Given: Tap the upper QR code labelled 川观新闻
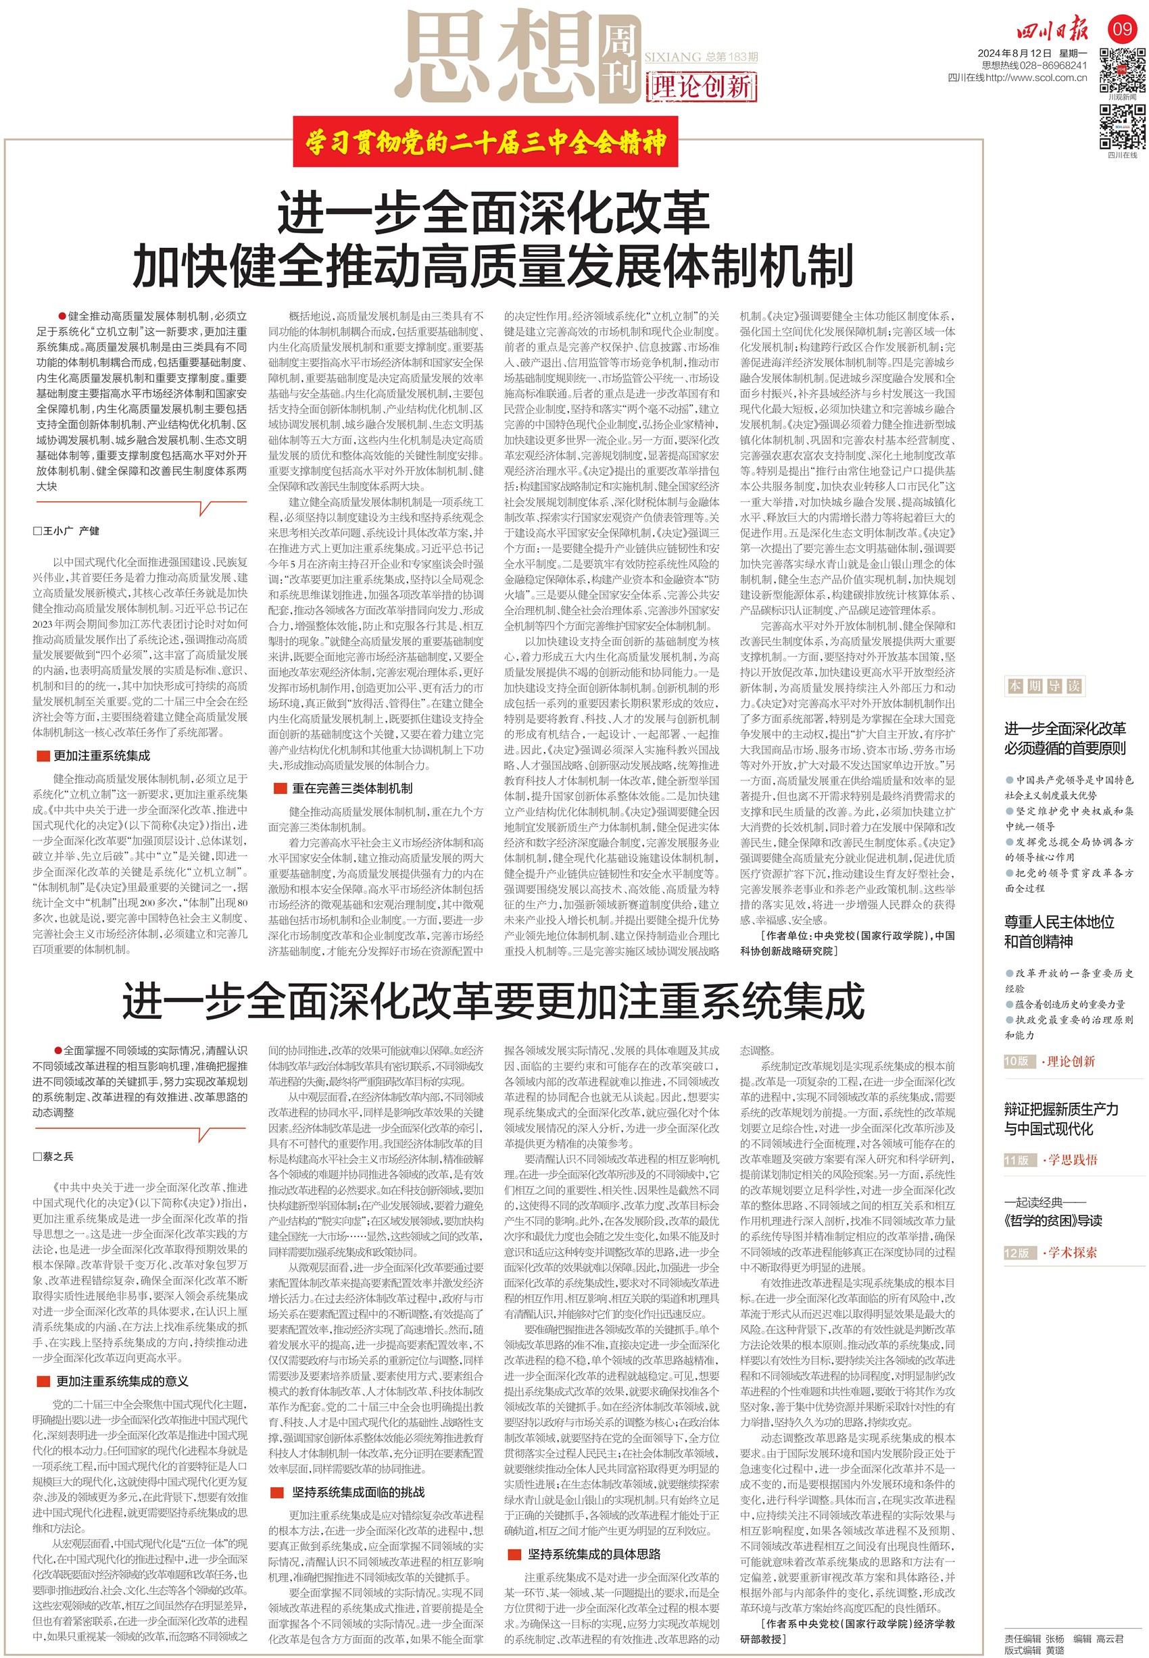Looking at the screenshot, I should [x=1122, y=70].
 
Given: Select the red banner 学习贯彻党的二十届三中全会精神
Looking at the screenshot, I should [x=485, y=143].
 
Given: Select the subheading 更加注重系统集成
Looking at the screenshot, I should [x=101, y=755].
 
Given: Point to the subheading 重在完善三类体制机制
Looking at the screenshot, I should [x=351, y=788].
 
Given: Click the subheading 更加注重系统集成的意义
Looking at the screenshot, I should [x=122, y=1381].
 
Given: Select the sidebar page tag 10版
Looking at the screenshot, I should [x=1017, y=1061].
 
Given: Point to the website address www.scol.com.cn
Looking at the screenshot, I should [x=1044, y=78].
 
